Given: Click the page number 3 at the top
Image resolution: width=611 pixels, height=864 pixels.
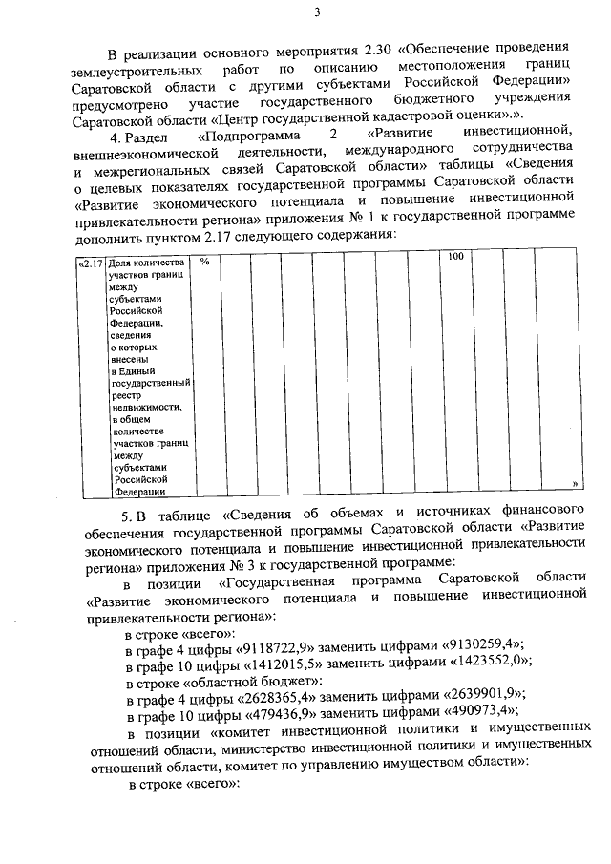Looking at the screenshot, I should (x=316, y=11).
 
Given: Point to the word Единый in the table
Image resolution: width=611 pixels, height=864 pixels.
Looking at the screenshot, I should (x=135, y=371).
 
